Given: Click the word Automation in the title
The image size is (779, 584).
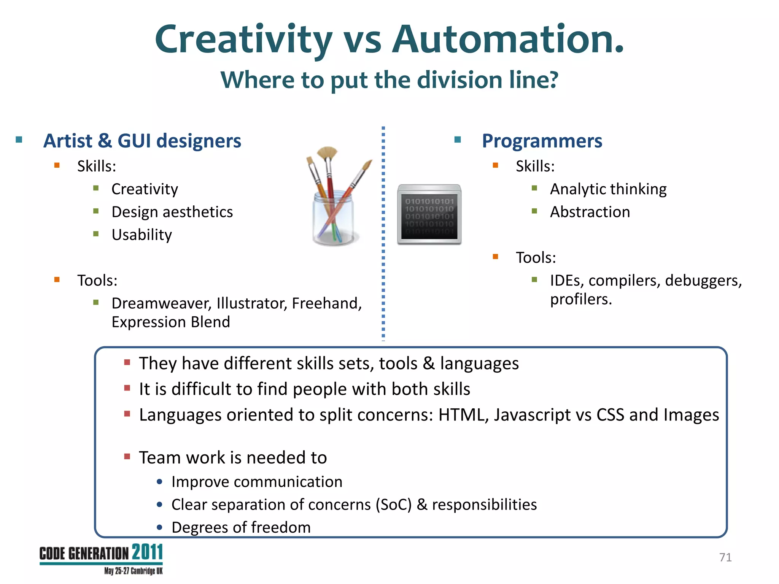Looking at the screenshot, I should pyautogui.click(x=508, y=39).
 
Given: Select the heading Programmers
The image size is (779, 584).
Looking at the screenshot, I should pyautogui.click(x=542, y=141).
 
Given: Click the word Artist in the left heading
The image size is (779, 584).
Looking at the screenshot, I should pyautogui.click(x=68, y=141).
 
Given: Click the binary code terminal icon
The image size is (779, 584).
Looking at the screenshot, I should pyautogui.click(x=429, y=214).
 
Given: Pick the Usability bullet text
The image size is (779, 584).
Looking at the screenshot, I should pyautogui.click(x=141, y=235).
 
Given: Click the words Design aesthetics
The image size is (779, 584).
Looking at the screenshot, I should pyautogui.click(x=172, y=212).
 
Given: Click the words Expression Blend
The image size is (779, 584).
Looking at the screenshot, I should pyautogui.click(x=170, y=322).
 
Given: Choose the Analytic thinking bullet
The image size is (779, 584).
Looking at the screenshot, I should pyautogui.click(x=608, y=189).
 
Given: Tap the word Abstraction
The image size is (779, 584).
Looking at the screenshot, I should pyautogui.click(x=590, y=212).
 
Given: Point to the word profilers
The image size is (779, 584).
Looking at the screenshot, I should pyautogui.click(x=580, y=300).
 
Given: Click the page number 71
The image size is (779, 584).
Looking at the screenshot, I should pyautogui.click(x=725, y=557).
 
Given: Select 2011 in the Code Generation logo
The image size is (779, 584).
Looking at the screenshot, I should pyautogui.click(x=148, y=552).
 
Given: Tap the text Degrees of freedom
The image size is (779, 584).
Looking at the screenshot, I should pyautogui.click(x=241, y=528).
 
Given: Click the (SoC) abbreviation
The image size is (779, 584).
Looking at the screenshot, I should pyautogui.click(x=394, y=505).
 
